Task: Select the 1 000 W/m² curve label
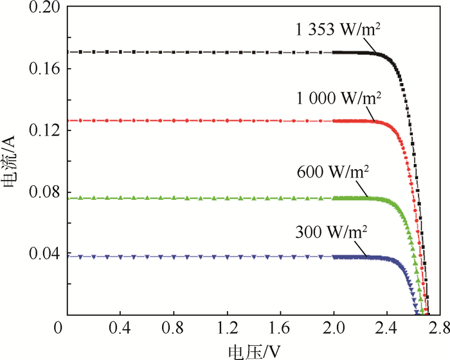339,100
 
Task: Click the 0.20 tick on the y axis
40,8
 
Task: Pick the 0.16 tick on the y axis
40,68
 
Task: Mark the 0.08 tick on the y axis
40,192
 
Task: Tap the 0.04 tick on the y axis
40,253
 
